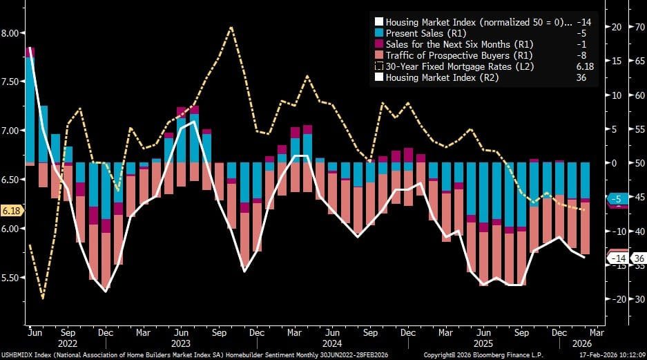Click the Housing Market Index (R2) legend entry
(x=441, y=77)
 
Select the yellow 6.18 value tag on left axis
(x=11, y=210)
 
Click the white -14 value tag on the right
(x=617, y=258)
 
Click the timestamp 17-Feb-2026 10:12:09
(x=606, y=355)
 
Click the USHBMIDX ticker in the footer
(x=21, y=355)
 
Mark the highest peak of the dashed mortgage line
(x=231, y=28)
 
